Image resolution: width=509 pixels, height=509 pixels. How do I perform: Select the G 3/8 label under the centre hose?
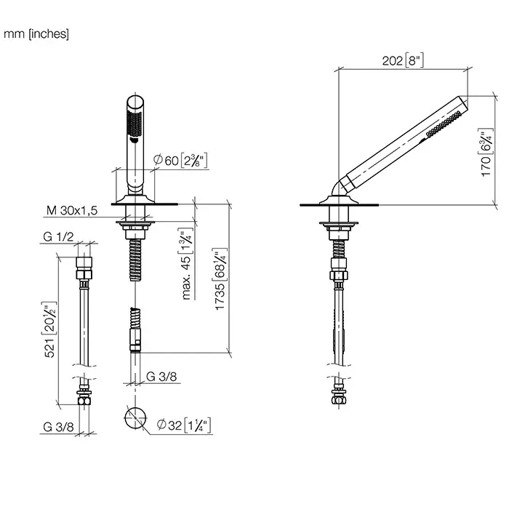coord(160,377)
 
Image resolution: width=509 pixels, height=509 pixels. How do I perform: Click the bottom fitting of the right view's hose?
coord(338,397)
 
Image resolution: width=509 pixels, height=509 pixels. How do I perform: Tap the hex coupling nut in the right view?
coord(338,274)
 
